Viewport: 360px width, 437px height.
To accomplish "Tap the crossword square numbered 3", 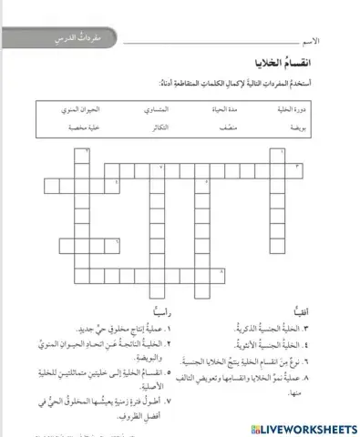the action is point(296,168).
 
